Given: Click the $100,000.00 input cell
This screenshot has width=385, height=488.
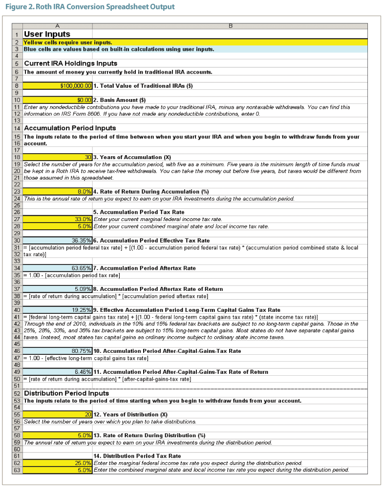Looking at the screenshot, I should pyautogui.click(x=58, y=86).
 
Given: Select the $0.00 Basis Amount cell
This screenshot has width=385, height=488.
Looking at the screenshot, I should pyautogui.click(x=58, y=100).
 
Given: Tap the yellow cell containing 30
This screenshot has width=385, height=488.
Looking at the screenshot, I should pyautogui.click(x=58, y=157).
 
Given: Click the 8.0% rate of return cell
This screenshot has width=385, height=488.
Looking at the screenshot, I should pyautogui.click(x=58, y=192).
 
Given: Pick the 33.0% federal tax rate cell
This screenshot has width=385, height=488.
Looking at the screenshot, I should pyautogui.click(x=58, y=220).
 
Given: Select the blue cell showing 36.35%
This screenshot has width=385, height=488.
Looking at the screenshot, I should pyautogui.click(x=58, y=241).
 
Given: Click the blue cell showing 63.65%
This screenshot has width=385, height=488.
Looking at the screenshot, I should pyautogui.click(x=58, y=268).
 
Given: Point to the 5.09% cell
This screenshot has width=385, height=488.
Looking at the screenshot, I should pyautogui.click(x=58, y=289).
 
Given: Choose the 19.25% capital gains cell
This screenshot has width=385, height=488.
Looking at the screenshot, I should pyautogui.click(x=58, y=310).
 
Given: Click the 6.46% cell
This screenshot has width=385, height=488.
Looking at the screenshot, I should pyautogui.click(x=58, y=372).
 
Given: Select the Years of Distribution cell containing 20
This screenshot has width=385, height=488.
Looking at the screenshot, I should pyautogui.click(x=58, y=414).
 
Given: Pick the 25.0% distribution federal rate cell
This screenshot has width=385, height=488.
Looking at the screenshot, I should pyautogui.click(x=58, y=463).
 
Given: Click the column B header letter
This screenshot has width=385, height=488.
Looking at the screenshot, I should pyautogui.click(x=230, y=25).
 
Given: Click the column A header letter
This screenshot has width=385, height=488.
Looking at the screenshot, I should pyautogui.click(x=57, y=25).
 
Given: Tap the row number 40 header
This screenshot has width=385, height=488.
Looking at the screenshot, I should pyautogui.click(x=17, y=310).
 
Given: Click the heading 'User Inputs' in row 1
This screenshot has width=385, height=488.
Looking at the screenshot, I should pyautogui.click(x=47, y=34).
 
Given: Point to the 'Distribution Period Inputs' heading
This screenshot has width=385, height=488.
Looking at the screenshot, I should pyautogui.click(x=66, y=393).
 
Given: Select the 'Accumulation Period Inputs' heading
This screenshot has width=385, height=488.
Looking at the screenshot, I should pyautogui.click(x=70, y=128).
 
